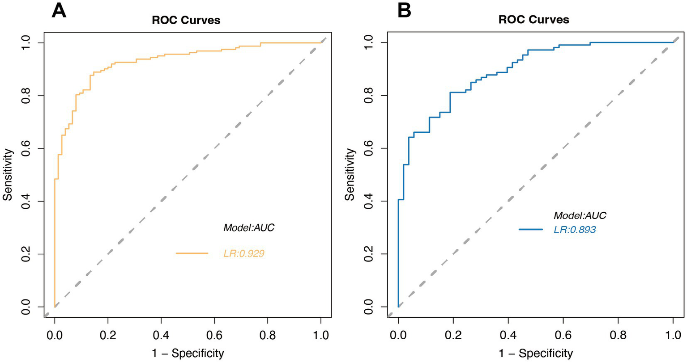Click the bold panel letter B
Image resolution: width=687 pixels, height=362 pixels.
coord(404,10)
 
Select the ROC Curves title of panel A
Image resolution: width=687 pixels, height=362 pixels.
coord(186,20)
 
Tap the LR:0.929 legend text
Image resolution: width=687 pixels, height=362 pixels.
coord(244,254)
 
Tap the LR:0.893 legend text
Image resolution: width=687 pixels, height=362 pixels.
coord(575,230)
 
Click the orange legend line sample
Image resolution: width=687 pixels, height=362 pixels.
coord(192,253)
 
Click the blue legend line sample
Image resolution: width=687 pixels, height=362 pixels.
coord(534,230)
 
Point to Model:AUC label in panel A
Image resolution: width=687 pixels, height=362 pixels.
coord(249,228)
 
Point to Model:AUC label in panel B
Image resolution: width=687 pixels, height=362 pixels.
coord(580,215)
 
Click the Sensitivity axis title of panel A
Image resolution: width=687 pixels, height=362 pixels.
coord(8,175)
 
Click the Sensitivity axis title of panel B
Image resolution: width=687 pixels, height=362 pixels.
coord(351,175)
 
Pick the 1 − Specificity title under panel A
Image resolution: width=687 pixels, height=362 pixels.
coord(187,354)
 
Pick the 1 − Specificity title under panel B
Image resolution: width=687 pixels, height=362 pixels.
coord(535,354)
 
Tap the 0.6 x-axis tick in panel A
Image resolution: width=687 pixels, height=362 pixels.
coord(214,334)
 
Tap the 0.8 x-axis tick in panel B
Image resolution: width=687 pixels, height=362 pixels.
coord(618,334)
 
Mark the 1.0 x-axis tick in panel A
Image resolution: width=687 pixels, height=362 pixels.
coord(321,334)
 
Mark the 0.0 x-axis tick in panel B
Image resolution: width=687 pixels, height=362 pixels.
coord(398,334)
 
